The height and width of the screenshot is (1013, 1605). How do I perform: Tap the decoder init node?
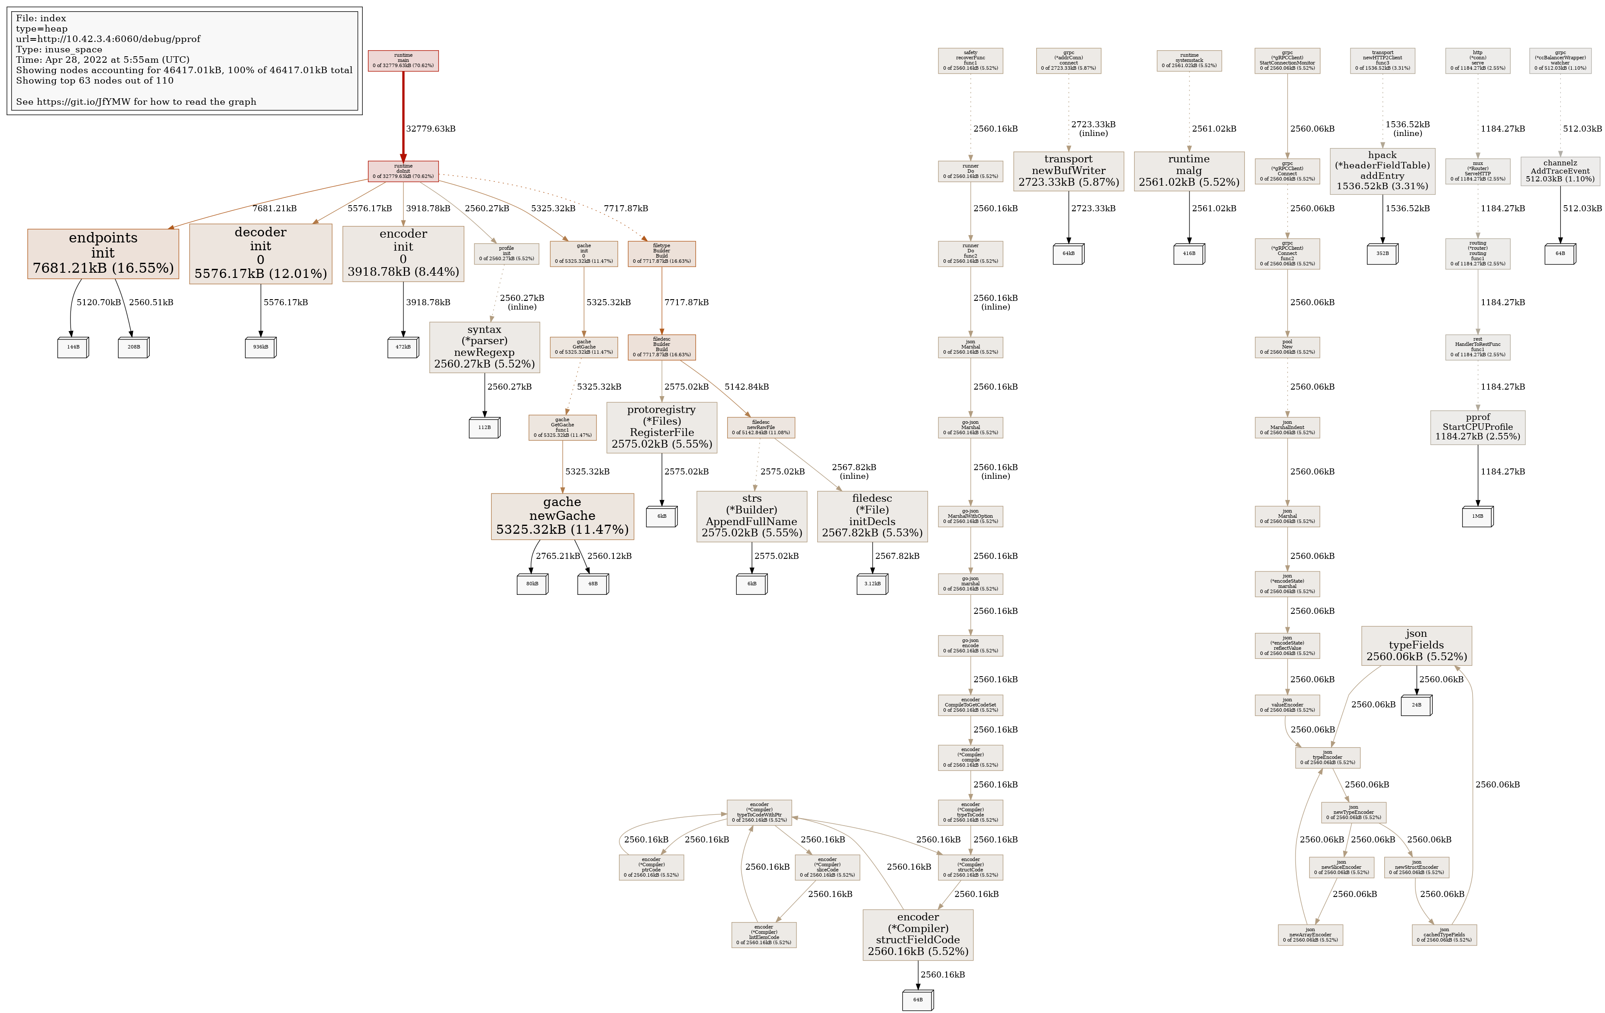click(x=260, y=253)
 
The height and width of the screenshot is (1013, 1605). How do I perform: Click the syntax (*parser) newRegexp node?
click(x=484, y=347)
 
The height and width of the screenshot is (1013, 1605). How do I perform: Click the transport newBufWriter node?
click(x=1068, y=171)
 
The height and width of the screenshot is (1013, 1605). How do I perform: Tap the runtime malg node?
click(x=1189, y=171)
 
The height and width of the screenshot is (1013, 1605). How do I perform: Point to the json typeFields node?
click(x=1416, y=645)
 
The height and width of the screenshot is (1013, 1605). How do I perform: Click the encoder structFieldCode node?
click(x=917, y=934)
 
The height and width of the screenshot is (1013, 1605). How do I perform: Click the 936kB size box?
click(x=260, y=347)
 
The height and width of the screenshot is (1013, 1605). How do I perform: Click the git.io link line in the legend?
click(x=136, y=102)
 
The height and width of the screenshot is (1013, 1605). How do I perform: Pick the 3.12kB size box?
click(x=872, y=584)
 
